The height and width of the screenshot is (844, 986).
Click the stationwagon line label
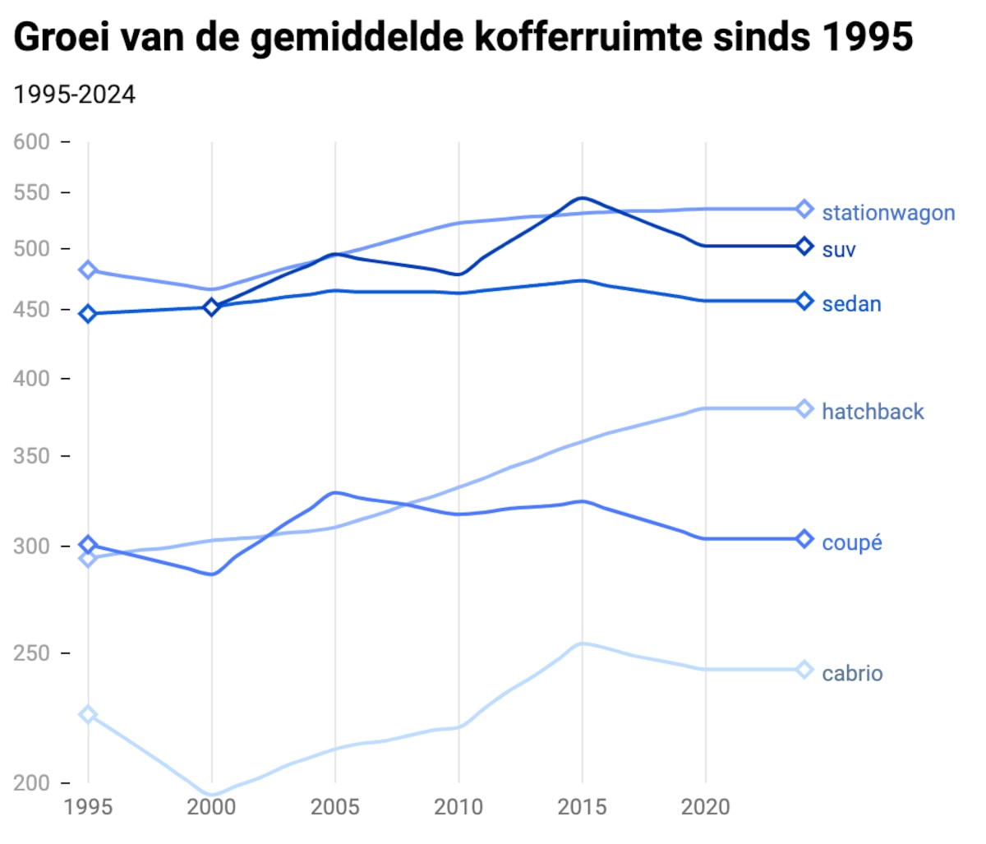pos(888,213)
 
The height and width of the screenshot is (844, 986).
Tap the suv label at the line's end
pos(839,250)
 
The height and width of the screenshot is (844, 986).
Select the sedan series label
pos(851,304)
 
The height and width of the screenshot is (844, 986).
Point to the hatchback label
pos(873,412)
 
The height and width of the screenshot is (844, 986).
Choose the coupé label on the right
pos(851,542)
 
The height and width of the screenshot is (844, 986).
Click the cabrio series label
pos(852,674)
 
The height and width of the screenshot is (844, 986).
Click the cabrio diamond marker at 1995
pos(88,715)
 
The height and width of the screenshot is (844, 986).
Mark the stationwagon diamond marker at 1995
pos(88,270)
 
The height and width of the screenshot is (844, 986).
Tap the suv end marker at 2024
pos(804,247)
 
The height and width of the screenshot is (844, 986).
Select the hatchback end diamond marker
pos(804,409)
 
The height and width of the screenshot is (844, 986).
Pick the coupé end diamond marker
pos(804,539)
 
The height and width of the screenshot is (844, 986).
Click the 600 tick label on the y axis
pos(32,142)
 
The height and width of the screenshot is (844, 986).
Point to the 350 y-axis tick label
pos(32,456)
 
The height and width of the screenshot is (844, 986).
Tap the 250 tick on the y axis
pos(32,653)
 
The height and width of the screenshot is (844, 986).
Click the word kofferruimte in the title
pos(589,37)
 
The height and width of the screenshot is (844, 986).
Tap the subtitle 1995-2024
pos(75,95)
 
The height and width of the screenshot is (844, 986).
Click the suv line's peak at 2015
pos(582,198)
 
